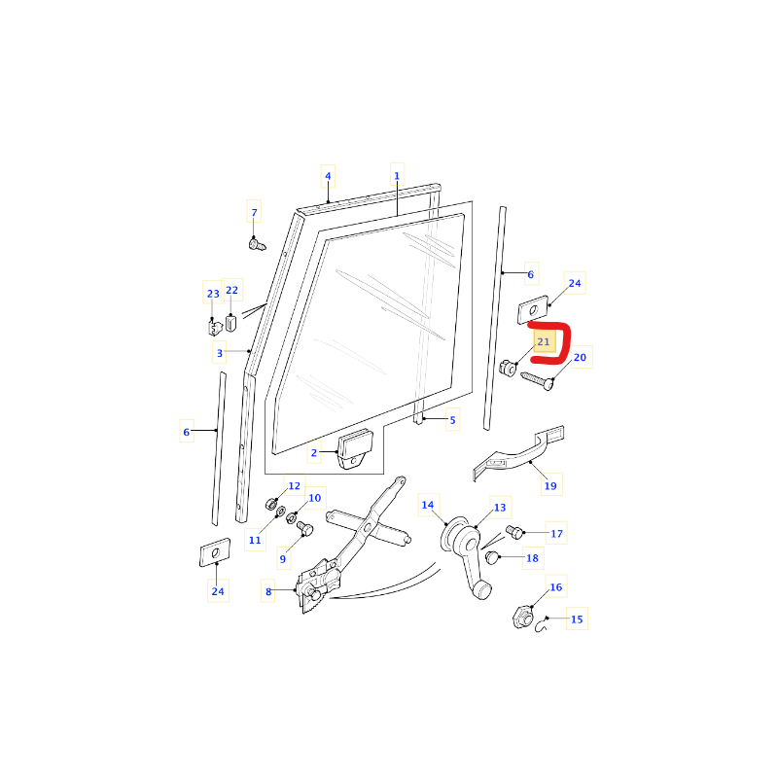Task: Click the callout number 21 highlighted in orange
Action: coord(544,341)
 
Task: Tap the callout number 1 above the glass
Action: coord(397,176)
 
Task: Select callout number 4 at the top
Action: coord(328,176)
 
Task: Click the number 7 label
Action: coord(254,212)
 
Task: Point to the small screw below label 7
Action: coord(257,244)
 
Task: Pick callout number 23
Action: coord(213,294)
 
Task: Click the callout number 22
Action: coord(231,290)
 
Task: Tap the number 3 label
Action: coord(220,353)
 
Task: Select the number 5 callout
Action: coord(452,420)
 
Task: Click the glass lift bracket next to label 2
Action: coord(355,449)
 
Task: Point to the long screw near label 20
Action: coord(537,381)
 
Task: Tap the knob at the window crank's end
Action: coord(481,590)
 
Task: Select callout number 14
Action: coord(428,505)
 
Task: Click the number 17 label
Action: coord(556,533)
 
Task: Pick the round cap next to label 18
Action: coord(491,557)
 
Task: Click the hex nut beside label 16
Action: coord(523,617)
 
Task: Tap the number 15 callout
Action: coord(577,619)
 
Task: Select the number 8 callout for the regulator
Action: coord(268,591)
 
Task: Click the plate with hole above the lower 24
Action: coord(215,552)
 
